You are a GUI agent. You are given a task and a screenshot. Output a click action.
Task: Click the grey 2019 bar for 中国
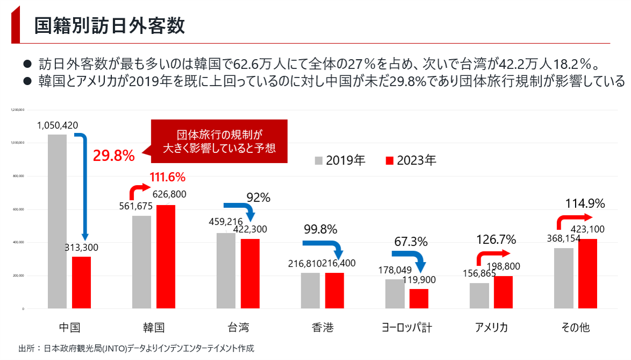[57, 221]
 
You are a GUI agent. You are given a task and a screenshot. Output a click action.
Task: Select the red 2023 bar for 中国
[81, 283]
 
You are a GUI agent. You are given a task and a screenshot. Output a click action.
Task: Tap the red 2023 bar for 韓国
[166, 257]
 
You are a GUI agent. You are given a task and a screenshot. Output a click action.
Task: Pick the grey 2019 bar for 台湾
[226, 271]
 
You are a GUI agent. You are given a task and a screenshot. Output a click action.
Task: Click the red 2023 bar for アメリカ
[503, 292]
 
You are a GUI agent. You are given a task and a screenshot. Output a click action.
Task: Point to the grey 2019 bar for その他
[563, 278]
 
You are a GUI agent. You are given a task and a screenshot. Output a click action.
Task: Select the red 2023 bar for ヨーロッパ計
[419, 299]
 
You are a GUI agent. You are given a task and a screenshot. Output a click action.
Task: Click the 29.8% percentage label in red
[114, 156]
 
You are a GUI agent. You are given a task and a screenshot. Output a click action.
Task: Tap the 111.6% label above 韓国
[167, 177]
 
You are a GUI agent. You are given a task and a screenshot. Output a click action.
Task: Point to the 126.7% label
[495, 239]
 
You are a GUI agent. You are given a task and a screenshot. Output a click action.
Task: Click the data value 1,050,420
[58, 125]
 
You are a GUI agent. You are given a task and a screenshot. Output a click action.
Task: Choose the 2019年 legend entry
[340, 160]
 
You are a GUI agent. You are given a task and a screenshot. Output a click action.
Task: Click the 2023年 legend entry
[411, 160]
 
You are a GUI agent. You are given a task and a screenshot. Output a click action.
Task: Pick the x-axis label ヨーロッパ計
[407, 327]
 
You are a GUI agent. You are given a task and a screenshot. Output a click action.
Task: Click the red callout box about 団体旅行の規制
[219, 141]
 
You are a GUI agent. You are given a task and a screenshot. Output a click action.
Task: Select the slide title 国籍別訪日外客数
[109, 25]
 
